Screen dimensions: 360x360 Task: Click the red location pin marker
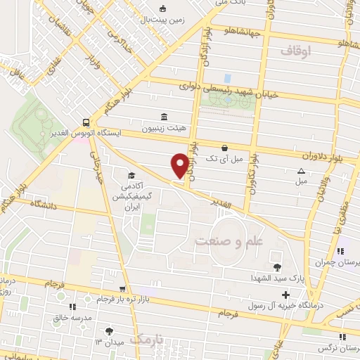click(180, 166)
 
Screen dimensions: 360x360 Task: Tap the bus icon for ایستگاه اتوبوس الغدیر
click(85, 121)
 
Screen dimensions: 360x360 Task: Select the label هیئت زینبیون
click(162, 129)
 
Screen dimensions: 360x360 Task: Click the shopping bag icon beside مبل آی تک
click(224, 148)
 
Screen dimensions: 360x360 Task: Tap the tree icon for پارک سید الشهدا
click(278, 266)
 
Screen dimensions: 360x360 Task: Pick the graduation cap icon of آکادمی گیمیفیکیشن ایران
click(131, 176)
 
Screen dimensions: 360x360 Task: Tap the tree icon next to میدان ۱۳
click(108, 330)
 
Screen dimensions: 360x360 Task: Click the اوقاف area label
click(295, 51)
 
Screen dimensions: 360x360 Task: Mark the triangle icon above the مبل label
click(301, 171)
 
